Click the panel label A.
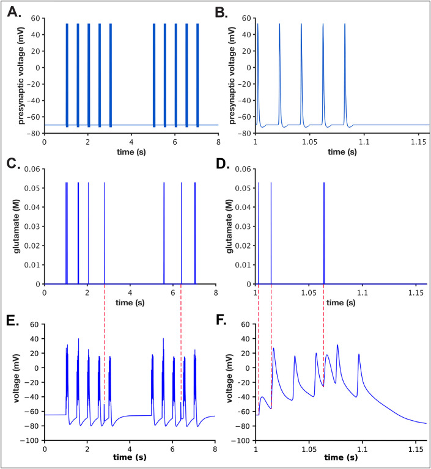[x=13, y=12]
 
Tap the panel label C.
[x=13, y=165]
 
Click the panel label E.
[x=13, y=318]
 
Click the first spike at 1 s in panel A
[x=67, y=73]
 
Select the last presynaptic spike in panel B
[x=345, y=73]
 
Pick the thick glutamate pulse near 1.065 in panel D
[x=323, y=232]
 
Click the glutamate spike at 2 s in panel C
[x=88, y=232]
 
